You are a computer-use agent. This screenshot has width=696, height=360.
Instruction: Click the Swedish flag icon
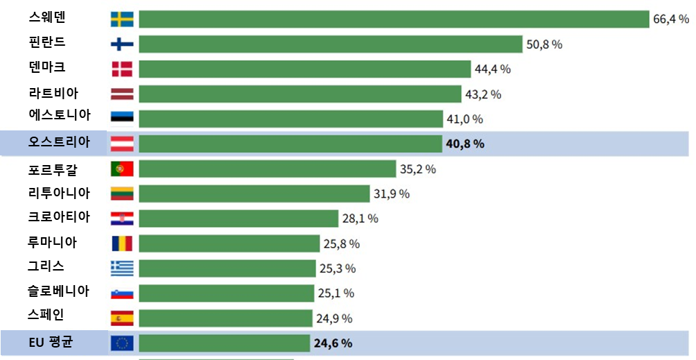point(122,19)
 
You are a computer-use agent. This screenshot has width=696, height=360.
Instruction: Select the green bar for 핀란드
point(330,44)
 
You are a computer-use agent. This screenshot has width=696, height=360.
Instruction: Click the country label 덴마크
point(47,67)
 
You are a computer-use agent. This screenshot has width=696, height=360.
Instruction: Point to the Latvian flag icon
point(122,94)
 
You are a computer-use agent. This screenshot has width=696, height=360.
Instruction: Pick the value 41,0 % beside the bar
point(464,119)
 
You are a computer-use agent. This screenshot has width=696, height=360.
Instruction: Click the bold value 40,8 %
point(464,144)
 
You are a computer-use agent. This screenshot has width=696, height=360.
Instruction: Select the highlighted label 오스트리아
point(59,142)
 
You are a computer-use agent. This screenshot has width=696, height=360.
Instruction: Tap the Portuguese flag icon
point(122,169)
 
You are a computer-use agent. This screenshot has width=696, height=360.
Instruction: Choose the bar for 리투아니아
point(254,194)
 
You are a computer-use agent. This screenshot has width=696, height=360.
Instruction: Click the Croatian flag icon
point(122,218)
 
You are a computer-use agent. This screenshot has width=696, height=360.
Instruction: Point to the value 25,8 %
point(340,244)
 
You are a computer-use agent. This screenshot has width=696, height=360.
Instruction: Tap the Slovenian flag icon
point(122,293)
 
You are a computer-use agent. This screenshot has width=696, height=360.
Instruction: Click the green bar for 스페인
point(225,318)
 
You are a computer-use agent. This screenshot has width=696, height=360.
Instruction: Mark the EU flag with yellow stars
point(122,343)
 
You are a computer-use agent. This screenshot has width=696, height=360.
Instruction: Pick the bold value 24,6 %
point(333,343)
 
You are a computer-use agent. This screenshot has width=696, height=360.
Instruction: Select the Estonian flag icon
point(122,119)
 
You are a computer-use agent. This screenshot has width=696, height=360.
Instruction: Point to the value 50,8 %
point(544,44)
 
